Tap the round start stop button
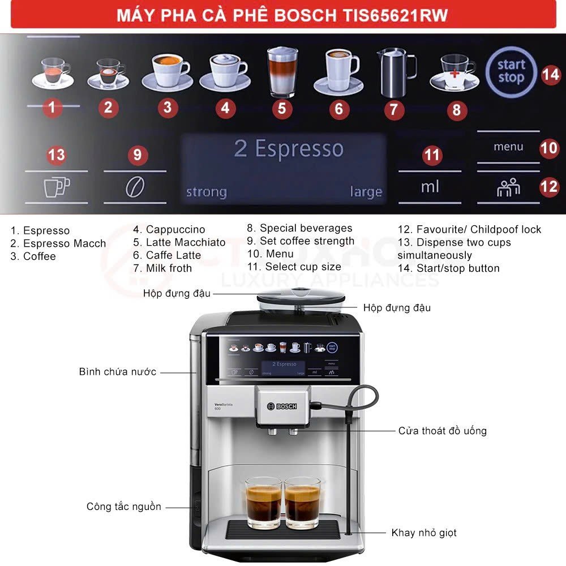click(511, 72)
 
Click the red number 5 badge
click(281, 108)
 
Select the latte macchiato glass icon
click(282, 72)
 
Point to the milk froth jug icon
click(396, 72)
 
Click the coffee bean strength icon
click(135, 187)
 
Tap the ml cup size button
click(430, 187)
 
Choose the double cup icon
click(57, 187)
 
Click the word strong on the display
click(207, 192)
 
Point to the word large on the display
click(366, 192)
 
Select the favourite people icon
click(508, 187)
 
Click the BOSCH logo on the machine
click(282, 406)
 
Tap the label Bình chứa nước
click(118, 372)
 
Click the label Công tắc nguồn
click(124, 507)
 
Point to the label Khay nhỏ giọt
click(424, 533)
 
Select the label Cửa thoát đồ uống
click(443, 431)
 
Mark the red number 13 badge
click(56, 155)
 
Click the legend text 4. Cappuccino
click(169, 230)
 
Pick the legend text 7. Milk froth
click(162, 268)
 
